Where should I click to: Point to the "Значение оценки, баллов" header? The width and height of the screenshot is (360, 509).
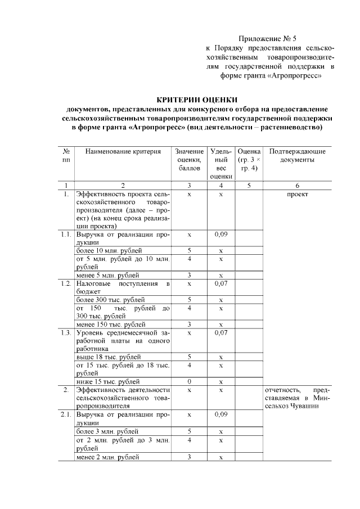tap(189, 160)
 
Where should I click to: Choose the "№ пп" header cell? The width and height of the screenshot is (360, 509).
tap(66, 155)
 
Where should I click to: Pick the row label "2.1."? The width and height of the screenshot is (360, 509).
tap(66, 415)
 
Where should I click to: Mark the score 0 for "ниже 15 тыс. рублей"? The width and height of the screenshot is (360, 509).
tap(189, 382)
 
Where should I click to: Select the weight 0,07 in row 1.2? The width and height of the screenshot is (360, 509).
tap(221, 283)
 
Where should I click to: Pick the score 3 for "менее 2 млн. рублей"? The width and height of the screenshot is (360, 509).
tap(189, 457)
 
